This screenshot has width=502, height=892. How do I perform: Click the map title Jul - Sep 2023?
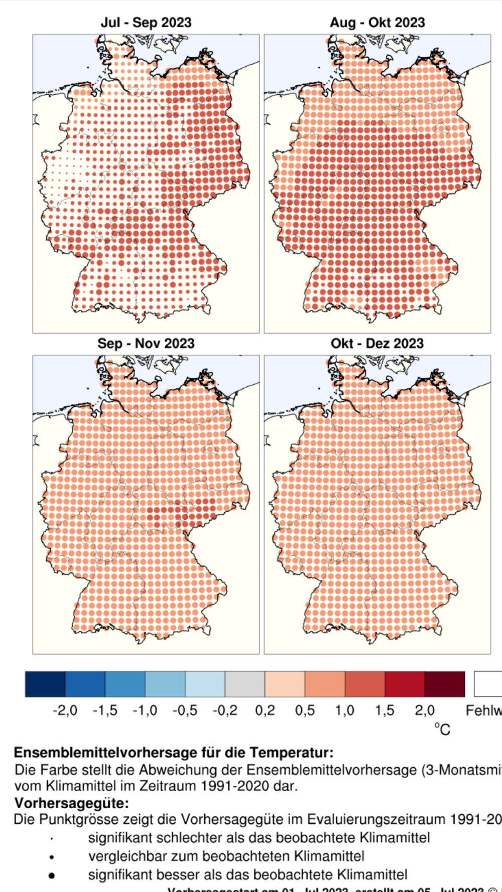pos(146,23)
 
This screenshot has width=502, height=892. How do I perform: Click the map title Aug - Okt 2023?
pos(377,23)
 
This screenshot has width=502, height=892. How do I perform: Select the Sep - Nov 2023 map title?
pos(146,344)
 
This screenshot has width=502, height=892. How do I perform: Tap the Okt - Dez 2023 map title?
pos(377,344)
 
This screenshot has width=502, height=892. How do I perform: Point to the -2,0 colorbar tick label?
pos(65,710)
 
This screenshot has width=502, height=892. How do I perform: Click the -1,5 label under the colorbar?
pos(105,710)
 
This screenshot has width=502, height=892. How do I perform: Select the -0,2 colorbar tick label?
pos(225,710)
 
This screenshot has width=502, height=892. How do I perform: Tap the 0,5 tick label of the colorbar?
pos(305,710)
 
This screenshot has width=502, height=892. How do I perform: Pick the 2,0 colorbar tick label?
pos(425,710)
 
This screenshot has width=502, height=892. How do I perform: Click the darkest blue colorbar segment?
pos(45,684)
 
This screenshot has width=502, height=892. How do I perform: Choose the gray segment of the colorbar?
pos(245,684)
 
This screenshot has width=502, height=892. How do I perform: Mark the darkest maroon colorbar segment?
pos(445,684)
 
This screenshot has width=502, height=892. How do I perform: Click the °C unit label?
pos(442,729)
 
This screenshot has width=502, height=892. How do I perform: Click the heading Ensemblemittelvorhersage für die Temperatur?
pos(173,753)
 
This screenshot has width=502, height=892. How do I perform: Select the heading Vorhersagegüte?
pos(71,803)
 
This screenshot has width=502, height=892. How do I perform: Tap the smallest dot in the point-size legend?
pos(52,838)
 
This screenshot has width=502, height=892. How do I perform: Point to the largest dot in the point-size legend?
pos(52,875)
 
